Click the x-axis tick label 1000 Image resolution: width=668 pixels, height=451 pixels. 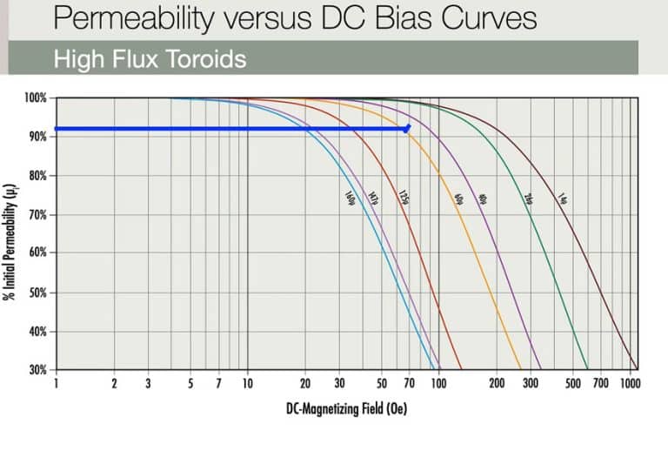point(630,383)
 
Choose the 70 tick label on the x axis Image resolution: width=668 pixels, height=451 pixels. point(408,383)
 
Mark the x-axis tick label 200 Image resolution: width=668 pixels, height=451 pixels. point(496,383)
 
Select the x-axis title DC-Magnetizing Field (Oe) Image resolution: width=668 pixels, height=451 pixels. point(346,407)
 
